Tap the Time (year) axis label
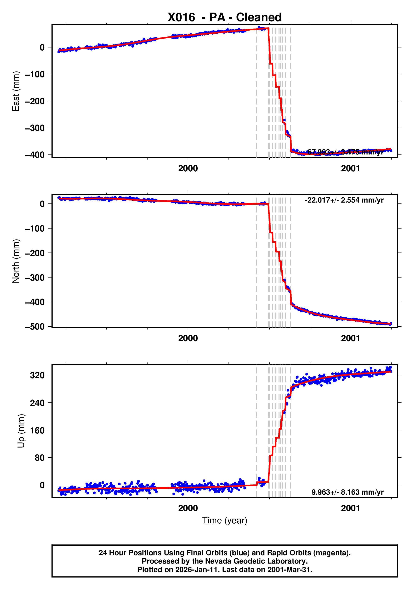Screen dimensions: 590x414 click(x=225, y=520)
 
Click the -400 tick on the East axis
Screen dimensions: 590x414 click(x=35, y=155)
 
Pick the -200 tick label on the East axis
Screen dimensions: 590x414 click(x=35, y=101)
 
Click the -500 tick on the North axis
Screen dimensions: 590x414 click(x=35, y=327)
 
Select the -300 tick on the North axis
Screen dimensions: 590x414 click(x=35, y=278)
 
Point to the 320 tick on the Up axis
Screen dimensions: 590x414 click(x=37, y=375)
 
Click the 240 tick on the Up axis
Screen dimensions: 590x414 click(x=37, y=403)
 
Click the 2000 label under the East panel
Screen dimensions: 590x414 click(x=188, y=169)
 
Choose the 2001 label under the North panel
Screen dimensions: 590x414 click(x=350, y=339)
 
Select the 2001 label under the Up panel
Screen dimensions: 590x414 click(x=350, y=508)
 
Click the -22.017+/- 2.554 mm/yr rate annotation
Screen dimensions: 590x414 click(x=344, y=200)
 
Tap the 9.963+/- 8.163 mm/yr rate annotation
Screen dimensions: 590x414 click(x=347, y=492)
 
